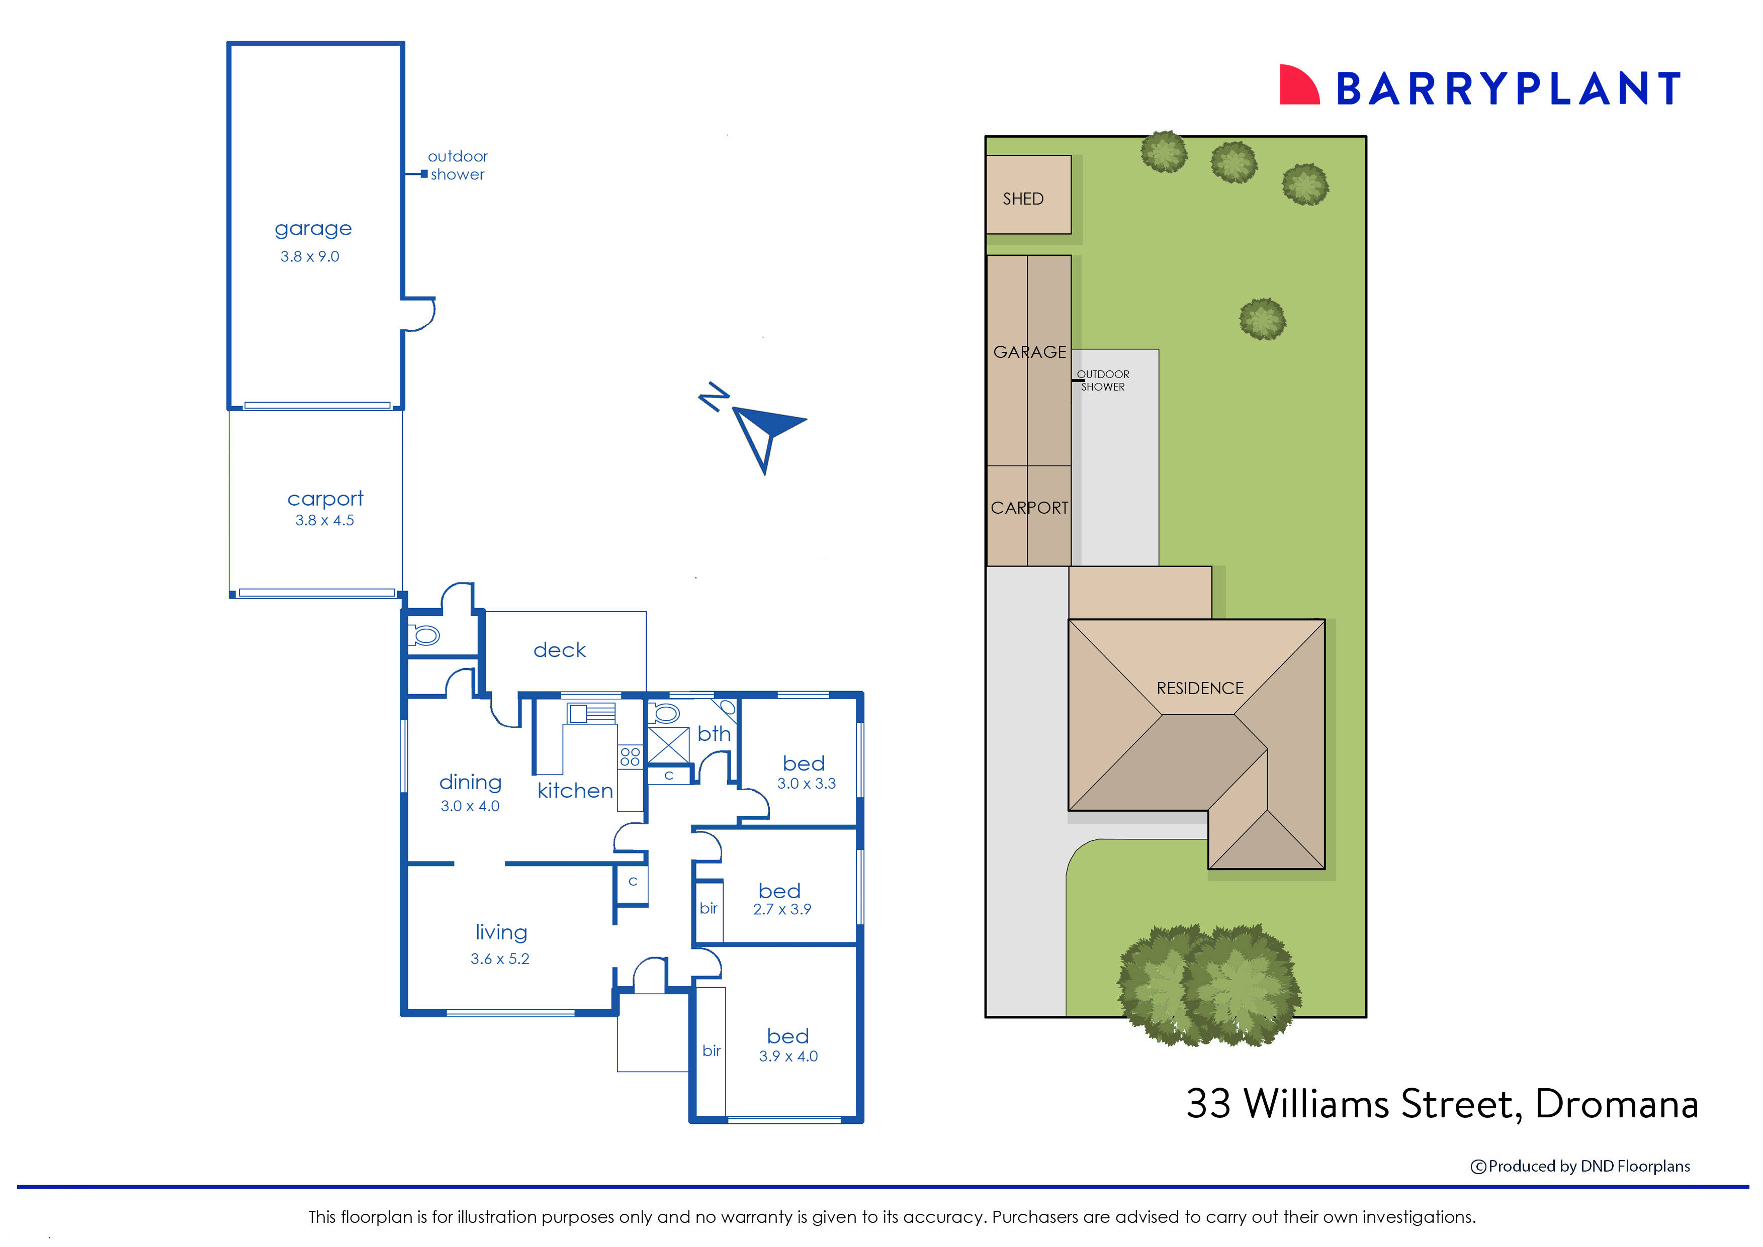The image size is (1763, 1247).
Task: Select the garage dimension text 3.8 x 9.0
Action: point(310,256)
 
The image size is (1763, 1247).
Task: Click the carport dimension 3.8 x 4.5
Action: point(324,521)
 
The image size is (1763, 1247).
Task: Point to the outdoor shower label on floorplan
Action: point(457,165)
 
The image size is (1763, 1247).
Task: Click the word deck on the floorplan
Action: point(559,650)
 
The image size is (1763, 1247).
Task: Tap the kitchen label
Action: point(575,791)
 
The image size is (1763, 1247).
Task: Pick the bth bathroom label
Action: point(714,734)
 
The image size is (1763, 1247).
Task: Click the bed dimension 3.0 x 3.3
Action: point(806,784)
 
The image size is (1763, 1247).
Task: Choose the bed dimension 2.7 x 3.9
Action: point(782,909)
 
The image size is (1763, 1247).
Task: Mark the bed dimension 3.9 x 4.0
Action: point(788,1057)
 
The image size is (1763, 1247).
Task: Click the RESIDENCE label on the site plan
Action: point(1200,688)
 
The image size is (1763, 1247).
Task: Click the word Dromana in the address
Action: point(1616,1104)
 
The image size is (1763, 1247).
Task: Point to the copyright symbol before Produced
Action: point(1478,1167)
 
